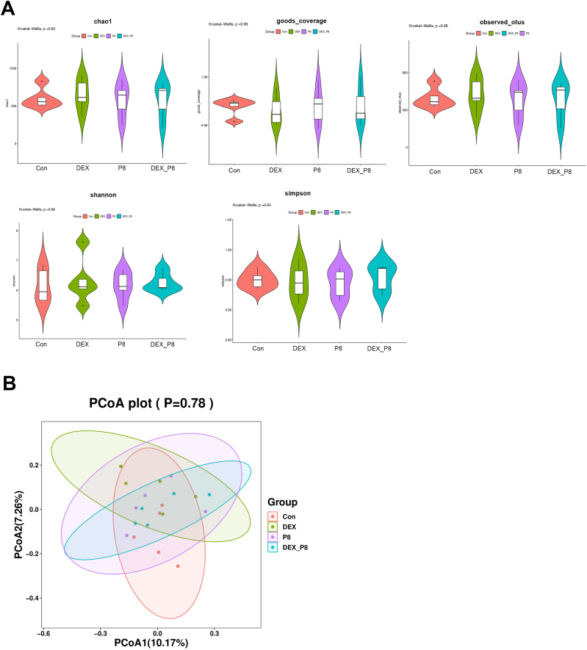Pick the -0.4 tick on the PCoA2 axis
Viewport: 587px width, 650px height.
[x=32, y=598]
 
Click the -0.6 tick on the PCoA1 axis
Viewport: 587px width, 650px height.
[x=43, y=631]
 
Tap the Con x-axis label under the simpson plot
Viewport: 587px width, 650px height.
[x=257, y=348]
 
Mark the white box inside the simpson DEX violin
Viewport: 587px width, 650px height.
[x=298, y=282]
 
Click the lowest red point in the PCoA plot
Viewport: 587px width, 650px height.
[x=178, y=566]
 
